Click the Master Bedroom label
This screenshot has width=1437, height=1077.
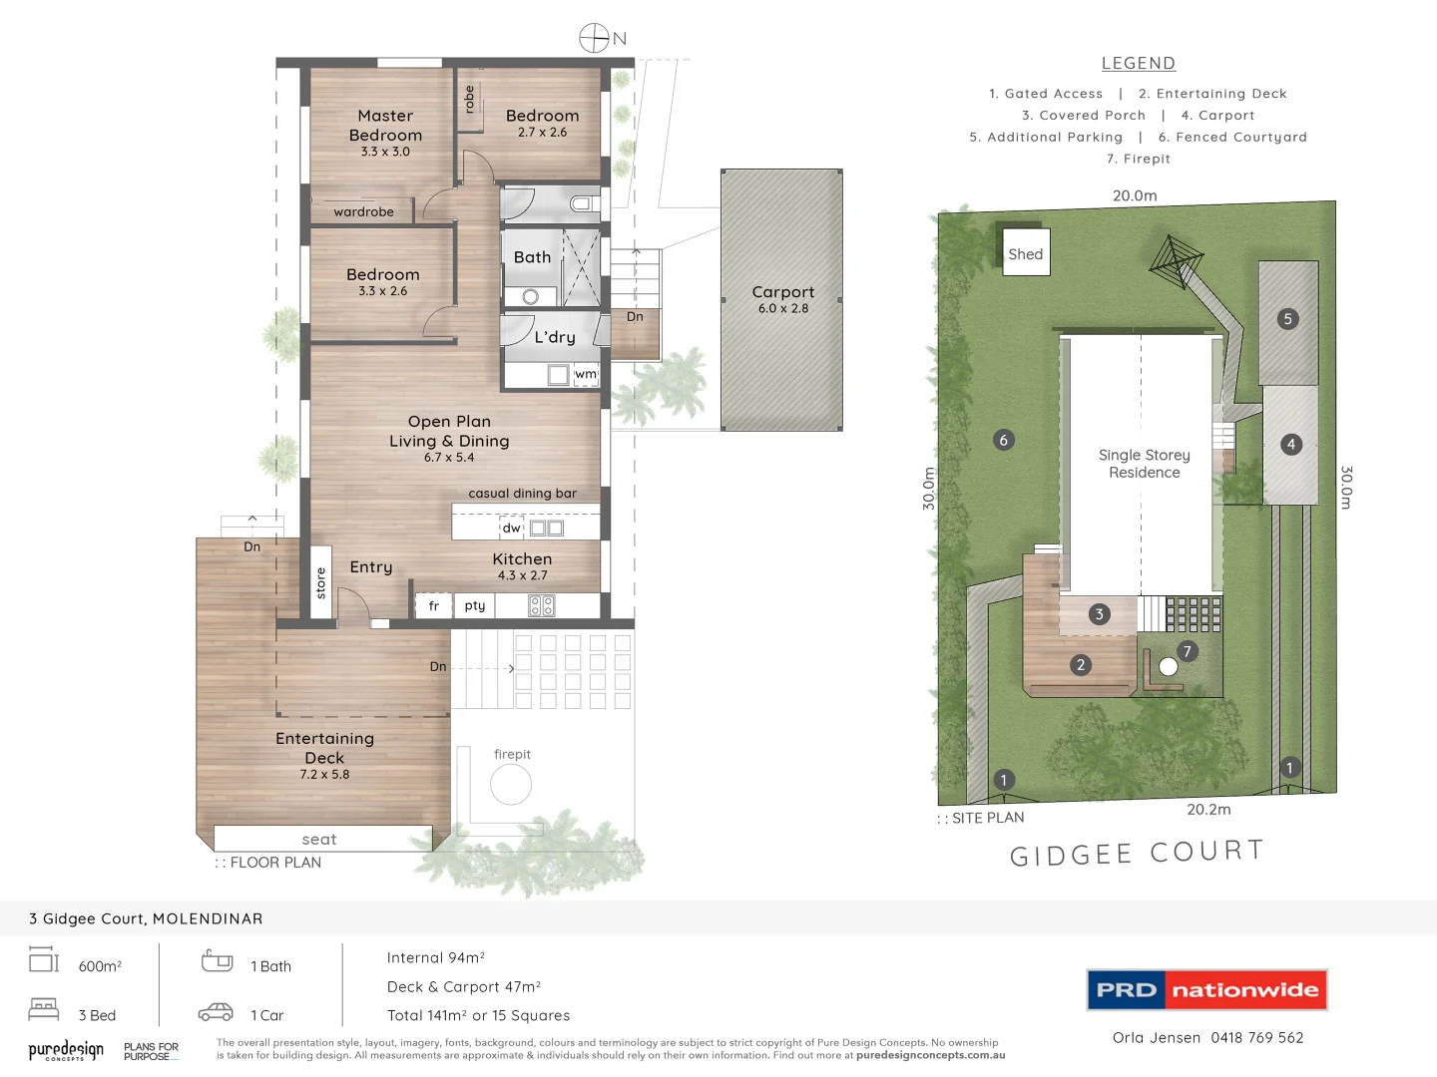click(x=385, y=127)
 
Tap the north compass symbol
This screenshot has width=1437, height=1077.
click(x=595, y=38)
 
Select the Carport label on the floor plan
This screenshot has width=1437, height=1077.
click(x=782, y=292)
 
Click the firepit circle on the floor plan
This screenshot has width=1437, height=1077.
click(x=511, y=785)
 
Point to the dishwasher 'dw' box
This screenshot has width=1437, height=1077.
click(x=511, y=528)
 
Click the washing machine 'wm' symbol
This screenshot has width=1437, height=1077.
click(x=586, y=375)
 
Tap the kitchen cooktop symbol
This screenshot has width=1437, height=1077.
click(x=542, y=605)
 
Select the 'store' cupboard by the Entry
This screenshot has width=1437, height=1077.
click(x=320, y=582)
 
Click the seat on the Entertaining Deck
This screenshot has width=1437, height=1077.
click(x=319, y=840)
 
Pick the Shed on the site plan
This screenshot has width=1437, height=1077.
click(x=1025, y=254)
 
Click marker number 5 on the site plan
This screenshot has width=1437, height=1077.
click(x=1287, y=319)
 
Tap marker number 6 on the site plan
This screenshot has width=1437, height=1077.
click(x=1004, y=440)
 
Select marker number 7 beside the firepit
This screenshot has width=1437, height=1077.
click(x=1187, y=651)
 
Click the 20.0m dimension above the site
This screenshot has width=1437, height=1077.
click(x=1135, y=195)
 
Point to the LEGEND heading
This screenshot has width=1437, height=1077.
click(x=1139, y=63)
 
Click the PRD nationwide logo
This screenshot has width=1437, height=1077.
click(x=1206, y=990)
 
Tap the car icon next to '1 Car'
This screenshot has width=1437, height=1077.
click(x=216, y=1012)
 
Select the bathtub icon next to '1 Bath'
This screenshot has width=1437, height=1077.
click(x=217, y=961)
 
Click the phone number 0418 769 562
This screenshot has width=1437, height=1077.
click(x=1257, y=1037)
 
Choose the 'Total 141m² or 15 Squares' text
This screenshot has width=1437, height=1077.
click(x=478, y=1015)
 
